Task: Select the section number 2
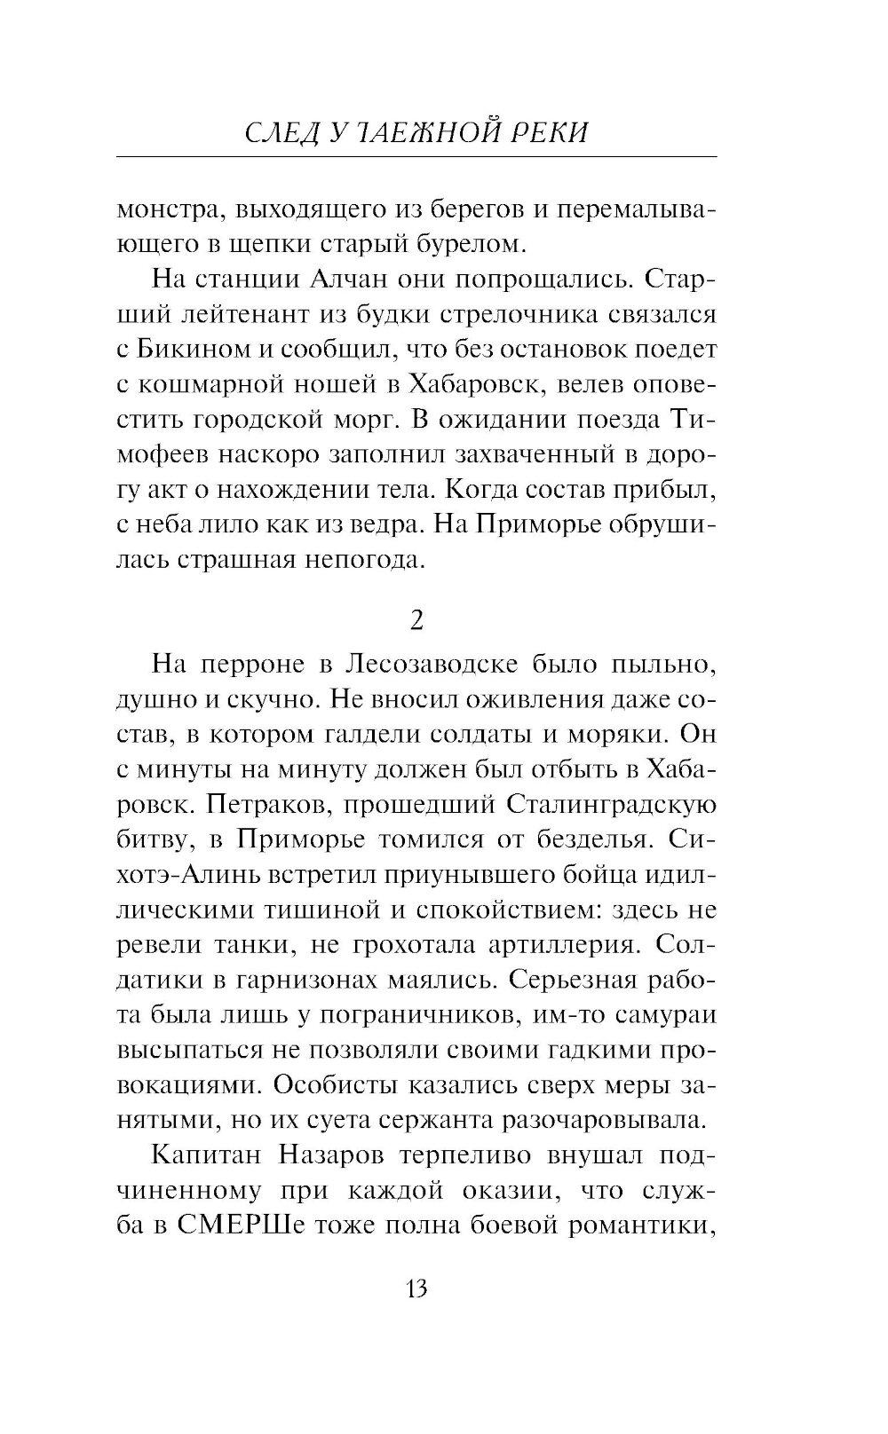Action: pos(416,620)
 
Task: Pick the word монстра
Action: pos(168,211)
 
